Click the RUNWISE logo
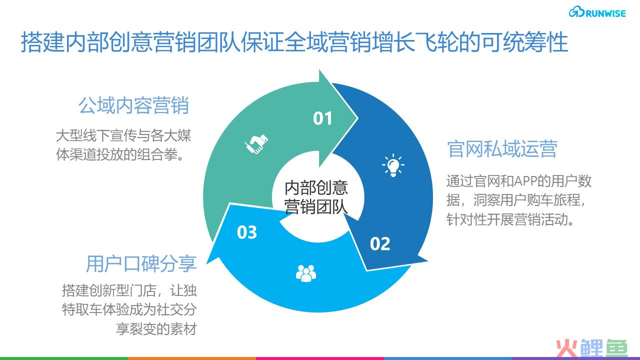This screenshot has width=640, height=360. point(597,12)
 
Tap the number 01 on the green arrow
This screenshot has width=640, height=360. point(322,118)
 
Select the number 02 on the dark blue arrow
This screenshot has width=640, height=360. point(380,243)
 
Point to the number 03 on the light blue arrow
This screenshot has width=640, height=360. point(247,232)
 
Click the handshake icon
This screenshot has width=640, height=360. point(256,143)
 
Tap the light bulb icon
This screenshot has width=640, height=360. point(393,165)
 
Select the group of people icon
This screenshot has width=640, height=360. point(306,273)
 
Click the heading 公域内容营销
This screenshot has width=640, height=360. point(133,105)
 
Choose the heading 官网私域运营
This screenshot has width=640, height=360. point(502,149)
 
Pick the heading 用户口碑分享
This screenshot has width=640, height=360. point(141,263)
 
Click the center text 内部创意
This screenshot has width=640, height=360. point(316,187)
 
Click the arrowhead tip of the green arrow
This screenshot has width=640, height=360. point(357,117)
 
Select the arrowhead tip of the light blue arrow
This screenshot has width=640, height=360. point(206,263)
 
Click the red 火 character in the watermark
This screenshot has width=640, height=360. point(566,349)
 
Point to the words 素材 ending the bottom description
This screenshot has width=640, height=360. point(183,329)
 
